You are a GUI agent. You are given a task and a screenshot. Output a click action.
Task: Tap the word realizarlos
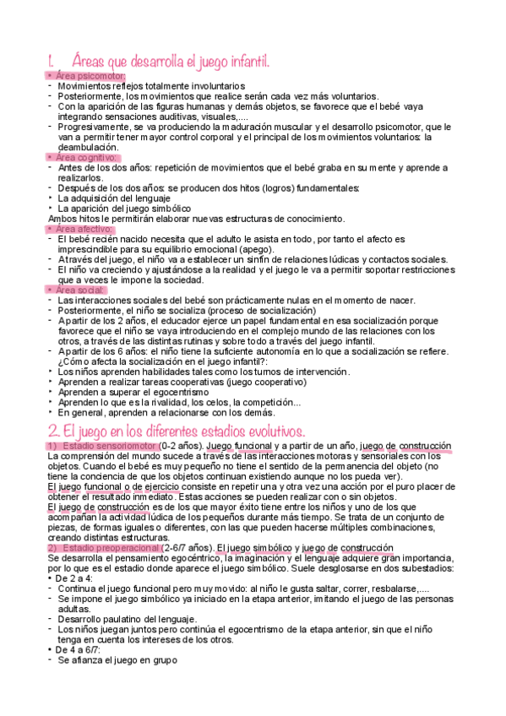coord(84,177)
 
